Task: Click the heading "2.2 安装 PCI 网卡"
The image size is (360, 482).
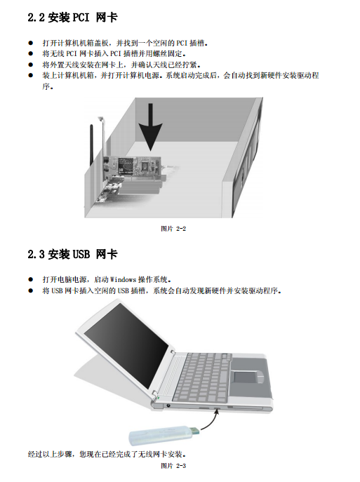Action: [72, 18]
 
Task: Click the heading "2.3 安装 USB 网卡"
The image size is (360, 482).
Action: [72, 254]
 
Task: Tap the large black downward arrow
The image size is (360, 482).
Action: [150, 127]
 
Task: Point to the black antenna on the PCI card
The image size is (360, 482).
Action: [91, 145]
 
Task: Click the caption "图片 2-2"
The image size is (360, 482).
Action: [173, 229]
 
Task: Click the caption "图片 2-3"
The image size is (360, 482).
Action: [173, 466]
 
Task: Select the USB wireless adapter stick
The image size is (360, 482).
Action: [164, 435]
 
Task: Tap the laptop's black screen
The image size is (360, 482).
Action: [126, 344]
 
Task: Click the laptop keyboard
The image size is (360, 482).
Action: [203, 377]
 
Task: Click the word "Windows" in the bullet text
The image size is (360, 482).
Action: [123, 280]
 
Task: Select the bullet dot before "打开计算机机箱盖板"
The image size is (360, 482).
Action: [30, 43]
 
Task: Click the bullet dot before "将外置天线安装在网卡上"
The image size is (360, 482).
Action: [30, 65]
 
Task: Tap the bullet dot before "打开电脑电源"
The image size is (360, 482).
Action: [30, 279]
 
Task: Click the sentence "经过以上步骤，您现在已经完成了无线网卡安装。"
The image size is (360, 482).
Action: [107, 454]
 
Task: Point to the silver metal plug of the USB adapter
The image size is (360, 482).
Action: [195, 430]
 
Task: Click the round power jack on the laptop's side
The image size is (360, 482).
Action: [168, 405]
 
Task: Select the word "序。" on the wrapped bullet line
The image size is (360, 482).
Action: [48, 87]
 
